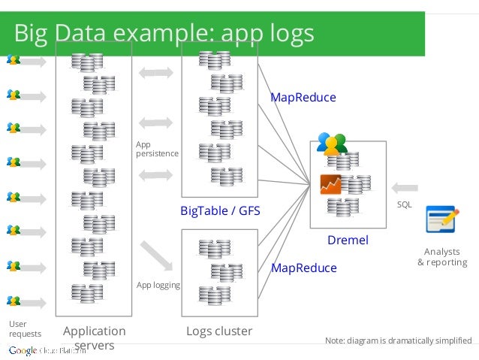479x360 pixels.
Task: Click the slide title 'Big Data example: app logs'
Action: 164,34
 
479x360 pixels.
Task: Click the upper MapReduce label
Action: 303,98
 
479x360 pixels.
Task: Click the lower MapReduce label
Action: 303,268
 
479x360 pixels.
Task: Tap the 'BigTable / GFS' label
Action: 220,211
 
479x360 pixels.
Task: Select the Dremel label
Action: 348,241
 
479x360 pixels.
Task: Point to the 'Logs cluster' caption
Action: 219,331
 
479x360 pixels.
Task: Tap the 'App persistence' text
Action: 157,148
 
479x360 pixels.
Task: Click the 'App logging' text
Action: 158,285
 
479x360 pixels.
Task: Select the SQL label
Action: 404,204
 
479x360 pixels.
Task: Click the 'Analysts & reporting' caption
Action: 442,257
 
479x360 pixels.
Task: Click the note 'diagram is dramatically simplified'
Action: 399,340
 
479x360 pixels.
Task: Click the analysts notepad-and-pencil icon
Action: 442,219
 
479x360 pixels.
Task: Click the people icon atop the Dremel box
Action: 332,142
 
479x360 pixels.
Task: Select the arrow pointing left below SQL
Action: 405,187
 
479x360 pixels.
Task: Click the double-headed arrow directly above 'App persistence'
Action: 157,122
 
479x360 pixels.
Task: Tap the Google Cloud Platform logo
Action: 47,351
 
